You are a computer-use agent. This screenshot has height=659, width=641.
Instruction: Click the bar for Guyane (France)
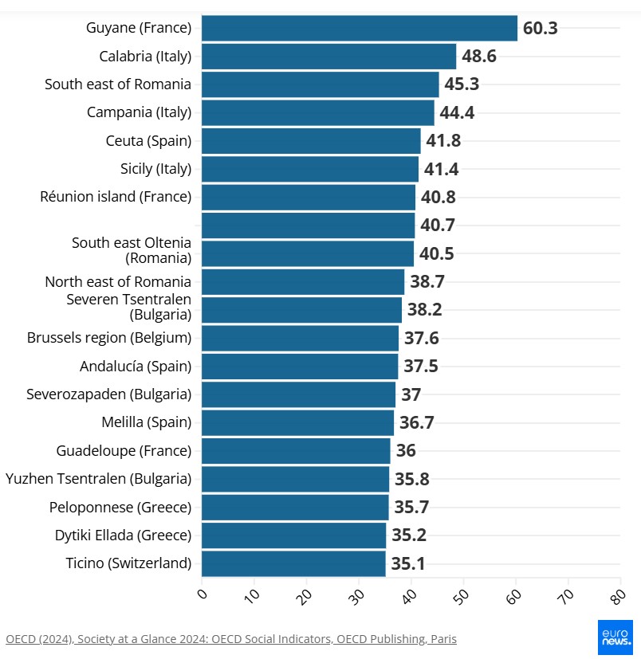[359, 28]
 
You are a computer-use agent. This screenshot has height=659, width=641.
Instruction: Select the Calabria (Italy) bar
[328, 57]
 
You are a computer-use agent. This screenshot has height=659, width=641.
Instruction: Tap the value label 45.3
[462, 84]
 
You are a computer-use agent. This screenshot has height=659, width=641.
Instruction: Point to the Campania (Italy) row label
[139, 112]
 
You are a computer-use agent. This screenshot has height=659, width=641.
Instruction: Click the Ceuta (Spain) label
[148, 141]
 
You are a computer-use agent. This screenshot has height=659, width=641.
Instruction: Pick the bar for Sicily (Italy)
[309, 169]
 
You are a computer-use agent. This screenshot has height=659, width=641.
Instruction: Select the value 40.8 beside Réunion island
[438, 197]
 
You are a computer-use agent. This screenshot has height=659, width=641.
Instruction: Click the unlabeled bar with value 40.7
[308, 226]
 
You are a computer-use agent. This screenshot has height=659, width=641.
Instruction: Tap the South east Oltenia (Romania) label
[132, 250]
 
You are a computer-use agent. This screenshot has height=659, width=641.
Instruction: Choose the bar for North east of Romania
[303, 281]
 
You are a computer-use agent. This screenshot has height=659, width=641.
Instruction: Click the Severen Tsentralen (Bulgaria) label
[128, 307]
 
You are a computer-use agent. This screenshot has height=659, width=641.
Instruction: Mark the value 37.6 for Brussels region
[422, 338]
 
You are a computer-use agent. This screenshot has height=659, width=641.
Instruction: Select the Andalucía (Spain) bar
[300, 367]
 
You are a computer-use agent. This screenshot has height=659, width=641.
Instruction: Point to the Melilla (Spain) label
[146, 422]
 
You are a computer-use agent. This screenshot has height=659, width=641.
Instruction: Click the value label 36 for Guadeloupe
[406, 451]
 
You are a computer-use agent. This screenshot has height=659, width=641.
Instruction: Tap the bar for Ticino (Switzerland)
[293, 563]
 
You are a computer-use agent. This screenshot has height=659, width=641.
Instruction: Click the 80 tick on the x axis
[617, 596]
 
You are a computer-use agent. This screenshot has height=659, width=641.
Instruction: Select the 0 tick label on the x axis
[202, 594]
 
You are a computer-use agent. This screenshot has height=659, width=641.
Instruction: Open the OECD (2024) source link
[231, 639]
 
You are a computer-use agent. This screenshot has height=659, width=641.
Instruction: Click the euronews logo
[615, 637]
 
